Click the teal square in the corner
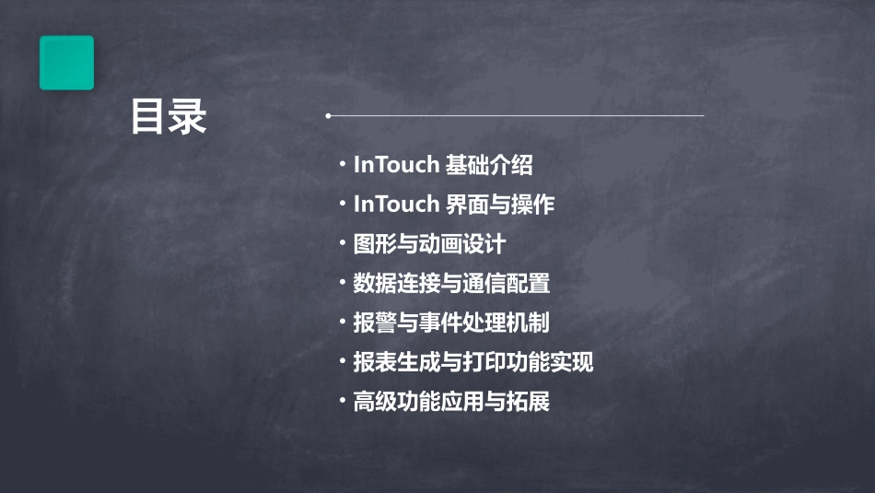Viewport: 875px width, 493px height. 66,63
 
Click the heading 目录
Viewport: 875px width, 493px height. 169,117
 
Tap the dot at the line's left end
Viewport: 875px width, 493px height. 328,116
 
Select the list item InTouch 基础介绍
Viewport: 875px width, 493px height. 443,165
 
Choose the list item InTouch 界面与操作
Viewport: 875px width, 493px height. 454,205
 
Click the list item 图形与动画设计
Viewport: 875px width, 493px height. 429,244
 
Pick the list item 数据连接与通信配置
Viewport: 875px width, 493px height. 451,284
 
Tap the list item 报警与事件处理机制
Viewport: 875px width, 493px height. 451,323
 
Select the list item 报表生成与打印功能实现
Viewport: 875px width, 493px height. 473,362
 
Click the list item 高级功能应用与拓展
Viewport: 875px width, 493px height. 451,402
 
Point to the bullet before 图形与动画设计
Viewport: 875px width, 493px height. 343,244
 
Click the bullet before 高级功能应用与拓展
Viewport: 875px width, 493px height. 343,402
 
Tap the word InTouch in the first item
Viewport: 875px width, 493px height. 396,165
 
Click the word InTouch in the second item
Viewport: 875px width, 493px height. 396,205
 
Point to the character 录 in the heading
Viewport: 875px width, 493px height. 189,117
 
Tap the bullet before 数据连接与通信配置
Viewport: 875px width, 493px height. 343,284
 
